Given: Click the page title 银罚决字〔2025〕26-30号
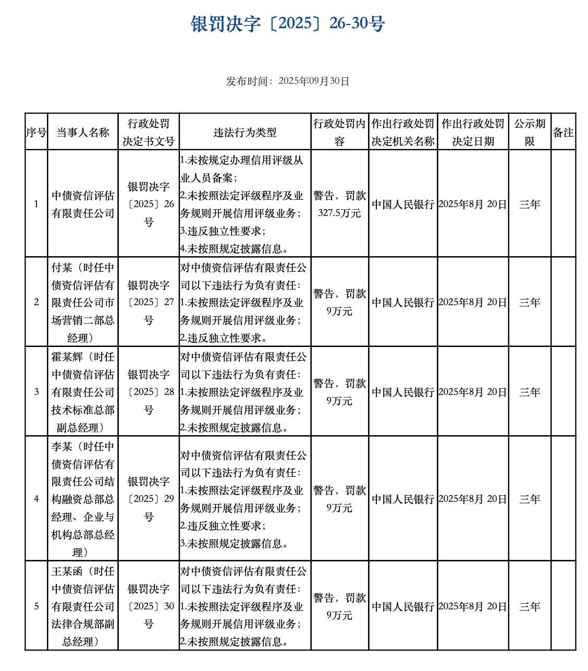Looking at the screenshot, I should (x=288, y=24).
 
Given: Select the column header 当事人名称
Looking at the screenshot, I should (x=83, y=133).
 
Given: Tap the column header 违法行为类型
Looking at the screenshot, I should (x=244, y=133).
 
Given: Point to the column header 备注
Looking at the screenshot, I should (x=563, y=133).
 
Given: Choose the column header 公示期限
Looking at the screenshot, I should (x=530, y=133).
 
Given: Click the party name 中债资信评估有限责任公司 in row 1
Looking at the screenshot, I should (x=83, y=204).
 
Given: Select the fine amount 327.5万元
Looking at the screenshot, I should (x=339, y=213).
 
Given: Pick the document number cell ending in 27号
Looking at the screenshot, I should (x=149, y=303).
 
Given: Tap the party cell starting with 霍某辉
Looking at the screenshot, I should (x=83, y=392).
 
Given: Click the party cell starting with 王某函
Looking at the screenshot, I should (x=83, y=606).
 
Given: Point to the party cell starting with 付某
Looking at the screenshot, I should (x=83, y=303).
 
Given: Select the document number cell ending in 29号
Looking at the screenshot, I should (x=149, y=499).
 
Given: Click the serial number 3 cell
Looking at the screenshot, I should (x=36, y=392).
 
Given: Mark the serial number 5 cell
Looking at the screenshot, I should (x=36, y=606).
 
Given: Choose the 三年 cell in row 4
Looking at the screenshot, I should (x=530, y=499).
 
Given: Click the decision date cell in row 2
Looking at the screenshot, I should (x=472, y=303).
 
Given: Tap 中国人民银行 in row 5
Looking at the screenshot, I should (x=403, y=607).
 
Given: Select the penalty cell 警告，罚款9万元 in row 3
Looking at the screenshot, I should (x=339, y=392).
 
